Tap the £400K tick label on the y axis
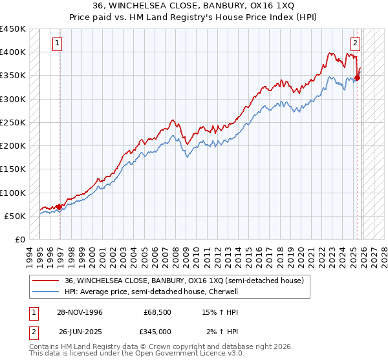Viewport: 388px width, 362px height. pyautogui.click(x=13, y=52)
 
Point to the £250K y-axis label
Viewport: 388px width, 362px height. pyautogui.click(x=13, y=122)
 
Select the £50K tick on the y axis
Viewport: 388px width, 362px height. pyautogui.click(x=16, y=216)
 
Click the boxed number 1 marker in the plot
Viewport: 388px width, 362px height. pyautogui.click(x=58, y=43)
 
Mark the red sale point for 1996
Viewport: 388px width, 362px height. pyautogui.click(x=59, y=207)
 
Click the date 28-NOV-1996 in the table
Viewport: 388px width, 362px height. pyautogui.click(x=81, y=312)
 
